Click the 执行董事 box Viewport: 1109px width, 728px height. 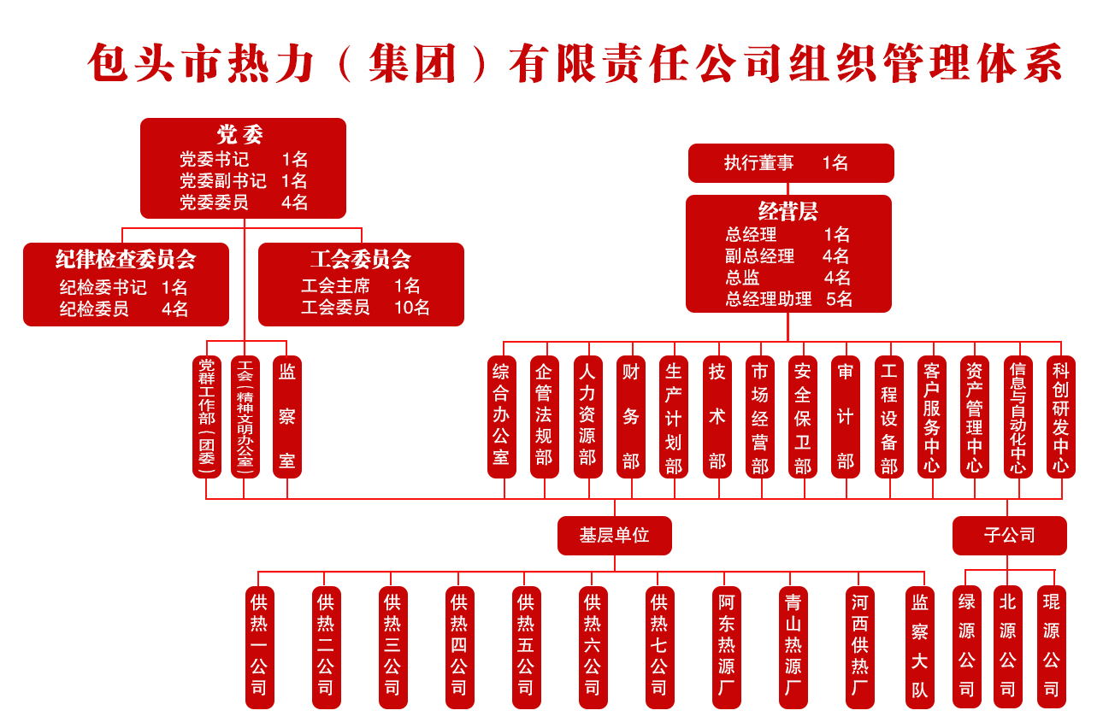[x=790, y=163]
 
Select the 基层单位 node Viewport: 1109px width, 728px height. [x=614, y=536]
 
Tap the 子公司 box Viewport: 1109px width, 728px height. [x=1009, y=536]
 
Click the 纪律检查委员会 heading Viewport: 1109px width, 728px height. [x=126, y=259]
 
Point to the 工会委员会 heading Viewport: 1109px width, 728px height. [x=360, y=259]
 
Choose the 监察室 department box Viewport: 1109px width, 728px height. [x=287, y=416]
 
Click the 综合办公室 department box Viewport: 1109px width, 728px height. [x=501, y=416]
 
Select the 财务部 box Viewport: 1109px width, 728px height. [x=631, y=416]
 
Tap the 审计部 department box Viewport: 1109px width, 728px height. [x=846, y=416]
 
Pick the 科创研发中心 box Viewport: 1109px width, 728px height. [x=1061, y=416]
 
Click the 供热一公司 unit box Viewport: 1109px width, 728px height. [x=259, y=647]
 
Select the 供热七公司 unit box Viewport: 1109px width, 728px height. [x=658, y=647]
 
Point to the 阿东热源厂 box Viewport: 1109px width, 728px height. [x=726, y=647]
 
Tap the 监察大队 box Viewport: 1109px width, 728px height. [x=920, y=647]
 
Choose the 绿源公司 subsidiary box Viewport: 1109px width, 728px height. [x=967, y=647]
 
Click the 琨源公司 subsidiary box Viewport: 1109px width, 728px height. [x=1052, y=647]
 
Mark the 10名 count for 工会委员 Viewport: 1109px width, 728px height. [x=412, y=308]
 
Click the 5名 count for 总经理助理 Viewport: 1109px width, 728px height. [x=839, y=299]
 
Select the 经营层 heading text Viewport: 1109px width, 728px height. [x=788, y=211]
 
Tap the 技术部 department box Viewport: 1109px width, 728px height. [x=717, y=416]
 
